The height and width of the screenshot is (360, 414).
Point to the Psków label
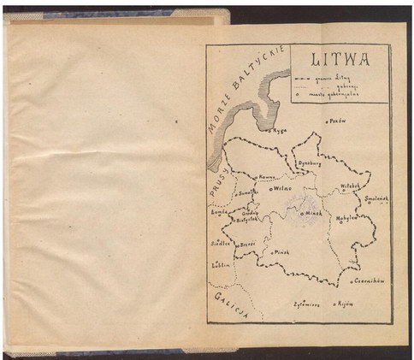point(338,121)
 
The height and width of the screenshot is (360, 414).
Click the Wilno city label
point(282,188)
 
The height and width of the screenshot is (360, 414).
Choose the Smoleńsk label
point(376,198)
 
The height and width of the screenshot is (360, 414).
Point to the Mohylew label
point(351,217)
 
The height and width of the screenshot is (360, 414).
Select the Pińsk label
point(283,253)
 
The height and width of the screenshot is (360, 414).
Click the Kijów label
point(346,303)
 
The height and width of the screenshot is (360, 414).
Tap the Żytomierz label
point(308,304)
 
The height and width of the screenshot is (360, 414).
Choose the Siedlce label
point(221,243)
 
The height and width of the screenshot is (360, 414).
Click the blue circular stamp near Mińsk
point(301,205)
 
